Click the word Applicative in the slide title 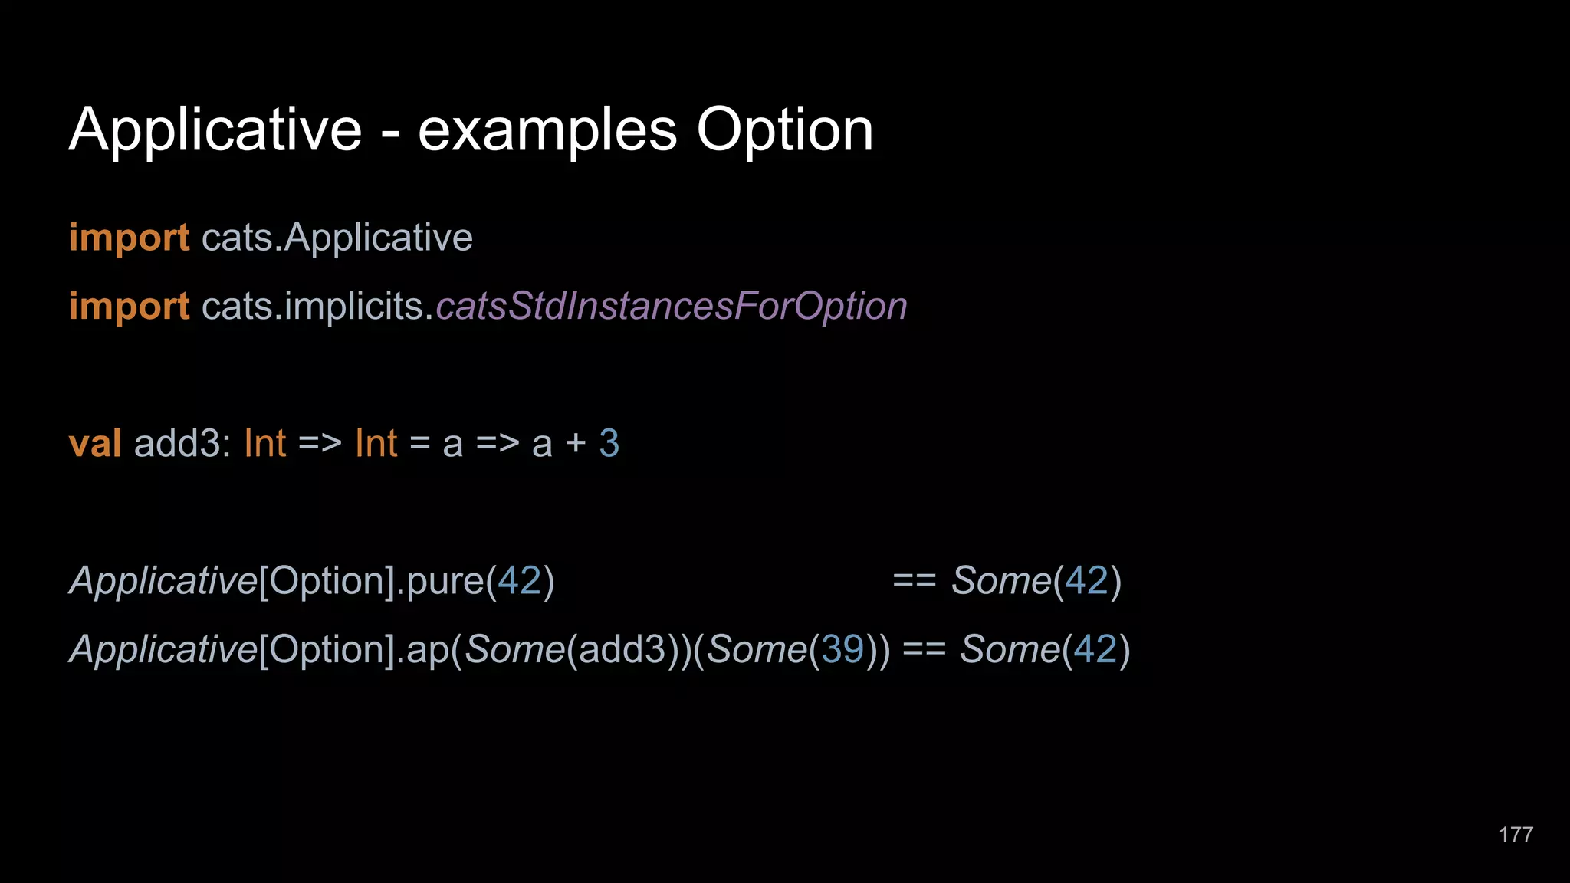coord(215,130)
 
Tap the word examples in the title coord(547,130)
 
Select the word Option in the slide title coord(784,130)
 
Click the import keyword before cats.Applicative coord(129,238)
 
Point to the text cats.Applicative coord(337,238)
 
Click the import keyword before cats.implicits coord(129,307)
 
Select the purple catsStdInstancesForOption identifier coord(672,307)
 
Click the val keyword coord(95,444)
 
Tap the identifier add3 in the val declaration coord(178,444)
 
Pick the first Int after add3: coord(264,444)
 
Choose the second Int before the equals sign coord(376,444)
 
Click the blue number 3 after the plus coord(609,444)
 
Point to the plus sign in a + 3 coord(575,445)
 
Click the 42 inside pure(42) coord(520,581)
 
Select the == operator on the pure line coord(914,581)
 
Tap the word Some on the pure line coord(1001,581)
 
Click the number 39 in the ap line coord(842,650)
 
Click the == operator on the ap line coord(924,650)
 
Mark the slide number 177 coord(1516,835)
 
